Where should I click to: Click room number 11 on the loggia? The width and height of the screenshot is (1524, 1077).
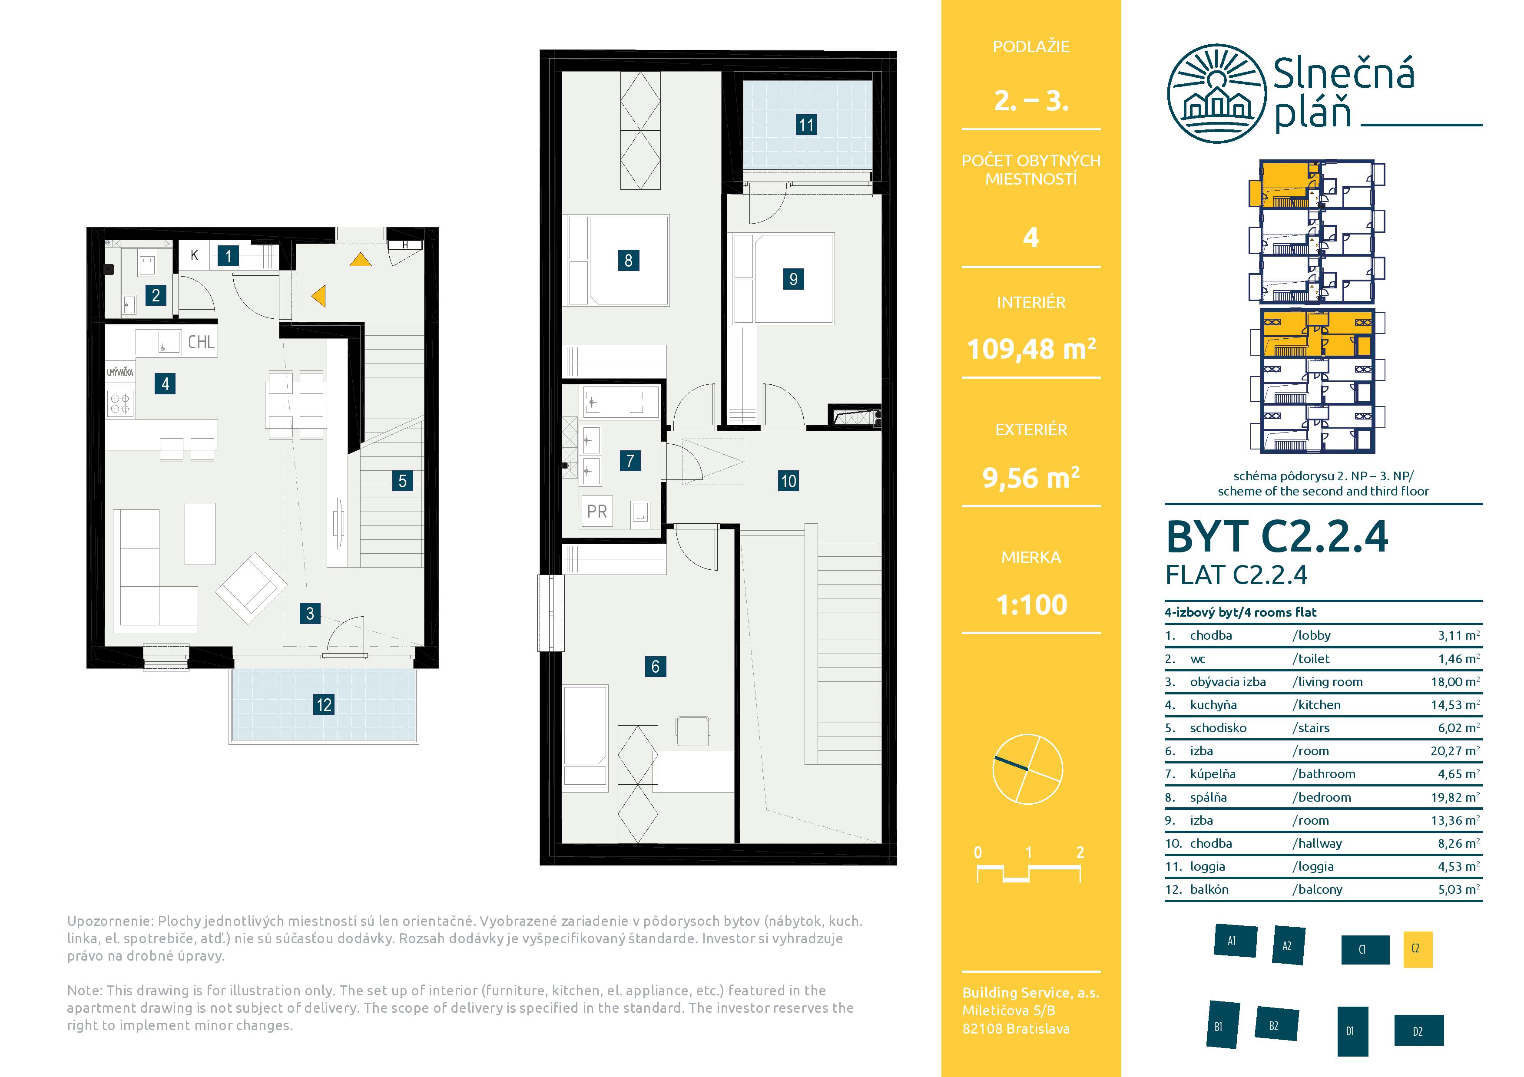[806, 125]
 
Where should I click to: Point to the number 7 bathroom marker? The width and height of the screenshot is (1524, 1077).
[630, 460]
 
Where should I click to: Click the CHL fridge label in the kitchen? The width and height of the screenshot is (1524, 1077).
[201, 342]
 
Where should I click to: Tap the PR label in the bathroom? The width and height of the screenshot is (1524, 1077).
[597, 511]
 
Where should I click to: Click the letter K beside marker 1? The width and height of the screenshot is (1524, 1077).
[195, 255]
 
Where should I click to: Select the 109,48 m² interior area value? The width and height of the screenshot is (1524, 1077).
[1031, 348]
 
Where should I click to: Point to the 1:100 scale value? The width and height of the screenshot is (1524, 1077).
[1031, 605]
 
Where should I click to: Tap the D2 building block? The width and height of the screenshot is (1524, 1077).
[1418, 1031]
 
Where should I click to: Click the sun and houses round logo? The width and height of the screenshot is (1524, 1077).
[1216, 93]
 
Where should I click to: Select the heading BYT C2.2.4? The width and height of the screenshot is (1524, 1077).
[1277, 536]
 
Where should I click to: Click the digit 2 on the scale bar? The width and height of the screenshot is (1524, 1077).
[1080, 852]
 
